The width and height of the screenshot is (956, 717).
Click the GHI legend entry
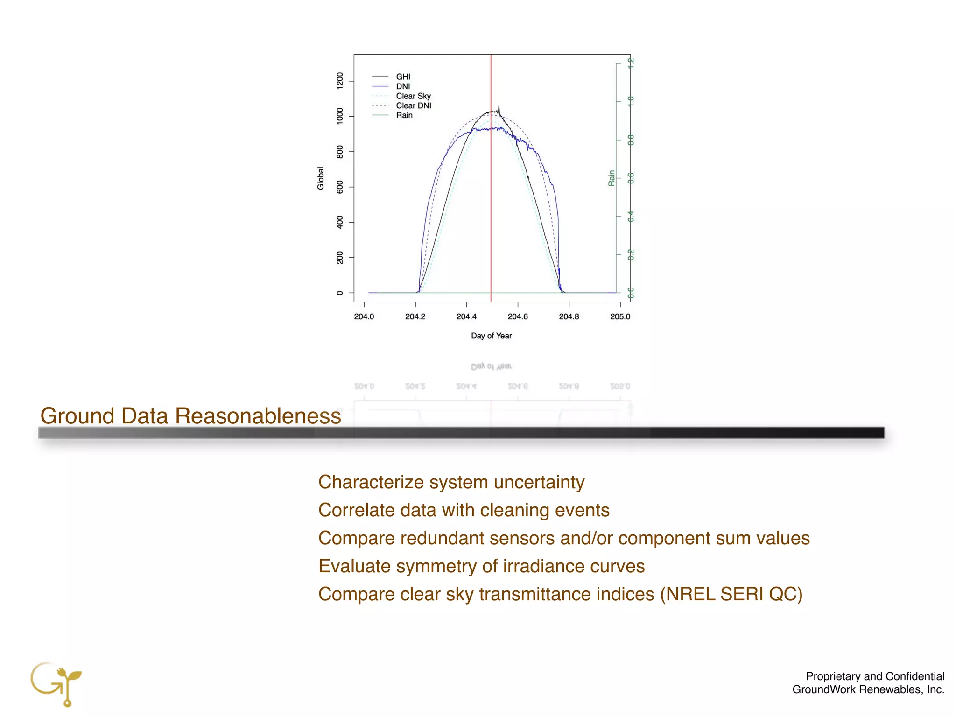[x=403, y=77]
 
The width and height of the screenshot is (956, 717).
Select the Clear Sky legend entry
[x=413, y=96]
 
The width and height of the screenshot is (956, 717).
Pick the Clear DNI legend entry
[x=414, y=106]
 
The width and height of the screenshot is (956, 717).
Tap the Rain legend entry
[x=404, y=115]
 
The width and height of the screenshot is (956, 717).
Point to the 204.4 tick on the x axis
[x=466, y=316]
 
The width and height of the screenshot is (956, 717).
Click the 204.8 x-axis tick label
[x=569, y=316]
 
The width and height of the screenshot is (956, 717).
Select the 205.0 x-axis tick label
[x=620, y=316]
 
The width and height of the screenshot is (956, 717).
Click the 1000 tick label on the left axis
[x=340, y=116]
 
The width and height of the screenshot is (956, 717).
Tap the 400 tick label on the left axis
[x=340, y=222]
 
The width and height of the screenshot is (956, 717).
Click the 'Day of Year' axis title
[x=491, y=336]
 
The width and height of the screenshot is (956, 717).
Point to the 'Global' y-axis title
[x=321, y=178]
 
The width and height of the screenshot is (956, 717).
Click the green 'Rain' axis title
[x=611, y=178]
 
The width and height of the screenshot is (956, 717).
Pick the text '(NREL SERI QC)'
[x=731, y=594]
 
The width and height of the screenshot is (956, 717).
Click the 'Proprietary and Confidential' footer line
[x=875, y=676]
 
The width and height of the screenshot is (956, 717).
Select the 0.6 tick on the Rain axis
[x=630, y=178]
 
